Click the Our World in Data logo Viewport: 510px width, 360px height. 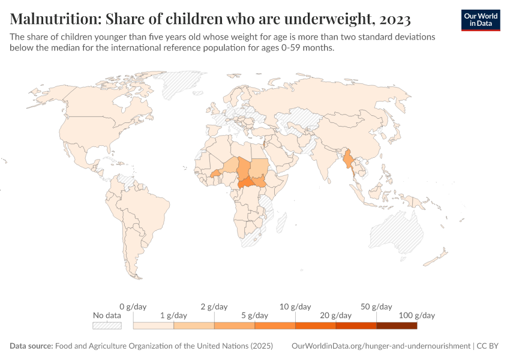click(480, 20)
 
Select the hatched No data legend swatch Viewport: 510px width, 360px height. click(107, 326)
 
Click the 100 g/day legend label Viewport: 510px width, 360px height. click(417, 315)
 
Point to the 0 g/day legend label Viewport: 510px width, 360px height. click(133, 307)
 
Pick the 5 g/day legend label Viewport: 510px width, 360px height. click(254, 315)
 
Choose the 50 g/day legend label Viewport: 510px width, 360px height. click(376, 307)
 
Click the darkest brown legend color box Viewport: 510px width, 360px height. click(397, 326)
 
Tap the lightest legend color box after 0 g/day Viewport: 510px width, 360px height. click(153, 326)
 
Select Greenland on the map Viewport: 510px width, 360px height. click(180, 84)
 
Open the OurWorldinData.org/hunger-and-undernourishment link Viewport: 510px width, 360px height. click(381, 346)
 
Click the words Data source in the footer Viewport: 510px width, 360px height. click(31, 346)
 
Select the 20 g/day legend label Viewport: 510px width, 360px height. click(336, 315)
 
